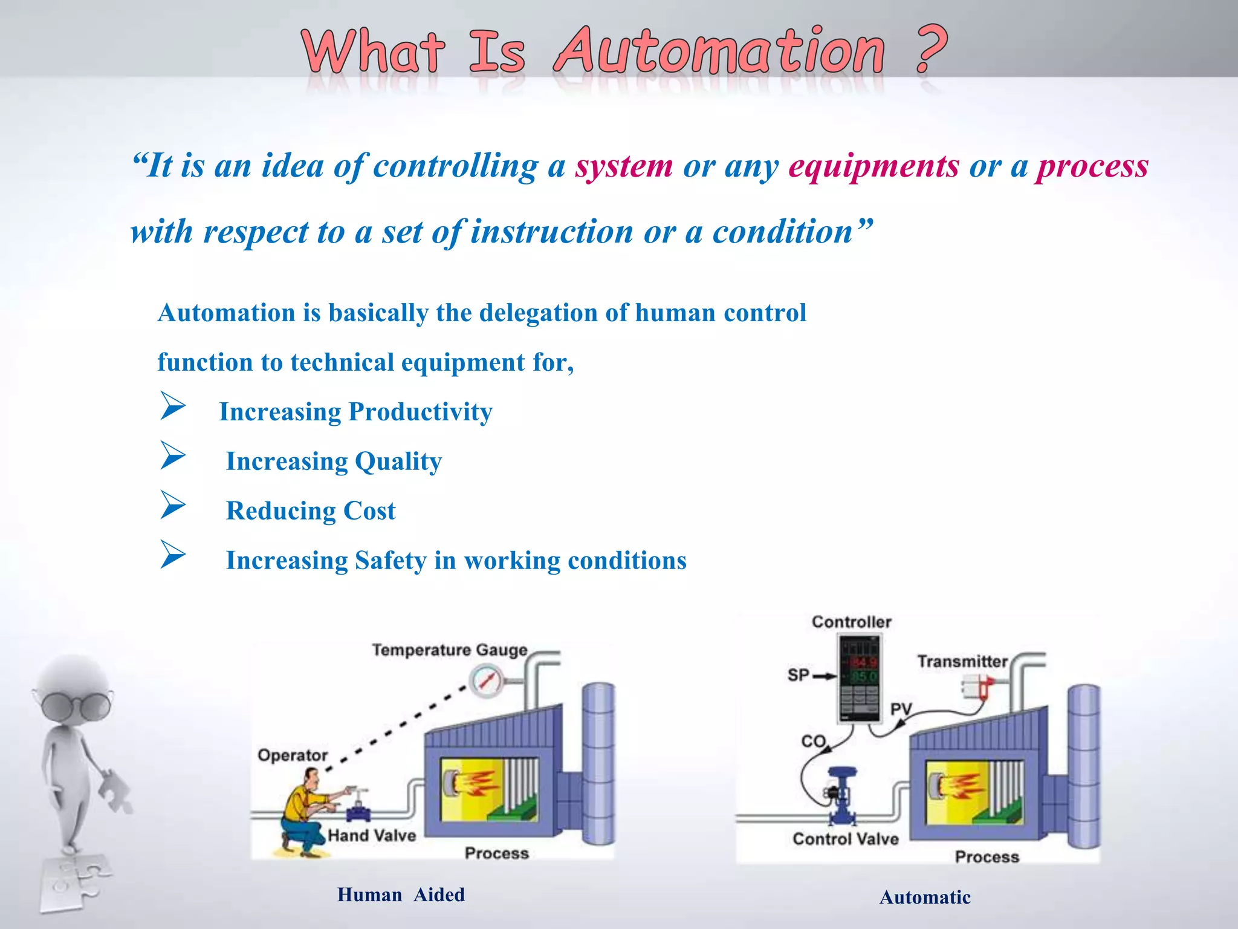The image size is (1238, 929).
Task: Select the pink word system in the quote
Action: [x=623, y=166]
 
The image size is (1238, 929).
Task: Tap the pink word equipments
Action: [x=873, y=166]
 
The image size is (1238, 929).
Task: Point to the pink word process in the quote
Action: [x=1092, y=166]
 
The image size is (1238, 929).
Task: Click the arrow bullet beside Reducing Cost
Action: [x=173, y=505]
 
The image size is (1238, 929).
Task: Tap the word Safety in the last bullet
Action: [x=391, y=561]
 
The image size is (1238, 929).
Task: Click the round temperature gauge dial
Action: [x=486, y=680]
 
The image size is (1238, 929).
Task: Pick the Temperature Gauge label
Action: [x=450, y=650]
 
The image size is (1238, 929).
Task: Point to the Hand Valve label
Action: [x=372, y=836]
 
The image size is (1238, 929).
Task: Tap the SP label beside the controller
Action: [x=798, y=675]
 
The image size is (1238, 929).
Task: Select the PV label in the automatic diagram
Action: [x=901, y=709]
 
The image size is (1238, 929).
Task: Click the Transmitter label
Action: [x=962, y=662]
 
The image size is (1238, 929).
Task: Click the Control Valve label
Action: [x=845, y=839]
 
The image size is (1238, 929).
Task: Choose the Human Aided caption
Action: [x=401, y=895]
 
